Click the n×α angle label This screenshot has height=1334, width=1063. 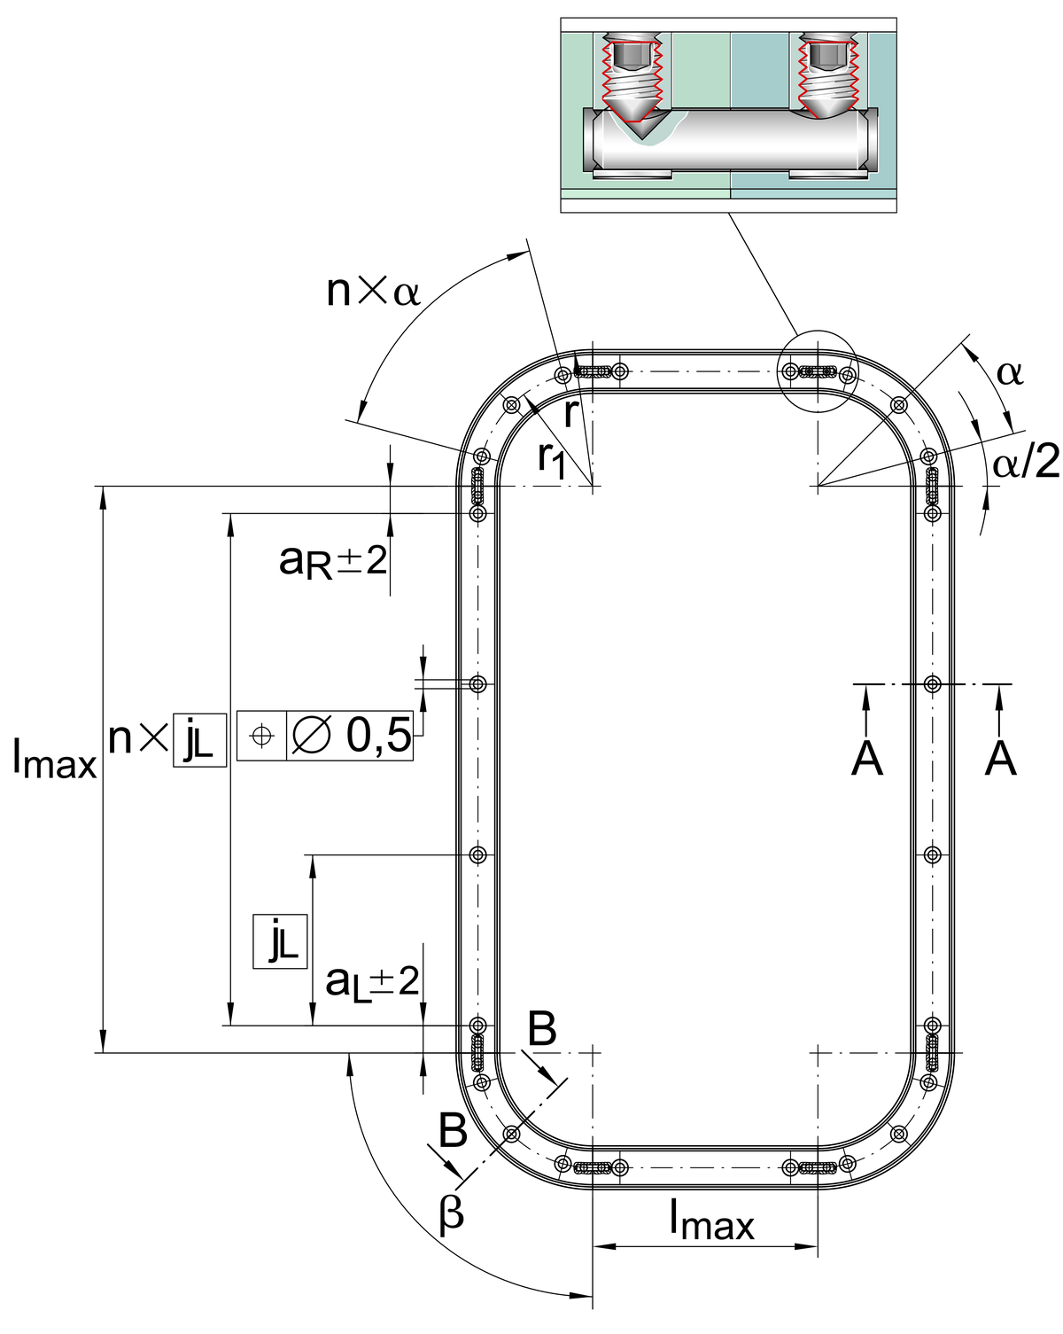373,292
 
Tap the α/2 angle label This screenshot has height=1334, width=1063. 1026,463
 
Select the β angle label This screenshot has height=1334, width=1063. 451,1213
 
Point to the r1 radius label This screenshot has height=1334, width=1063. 552,460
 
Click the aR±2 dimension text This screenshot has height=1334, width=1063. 333,562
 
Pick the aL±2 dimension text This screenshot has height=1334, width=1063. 372,984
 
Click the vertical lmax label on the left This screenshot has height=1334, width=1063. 55,759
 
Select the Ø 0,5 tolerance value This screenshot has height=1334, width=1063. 351,736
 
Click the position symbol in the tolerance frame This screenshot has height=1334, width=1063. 261,736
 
